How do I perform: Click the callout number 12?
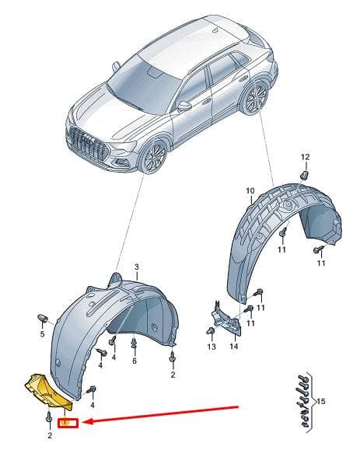pos(305,157)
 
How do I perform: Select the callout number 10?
pos(250,190)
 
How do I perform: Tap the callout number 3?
pos(137,267)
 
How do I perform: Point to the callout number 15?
pos(322,401)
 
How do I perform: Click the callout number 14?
pos(234,346)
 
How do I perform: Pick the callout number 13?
pos(211,347)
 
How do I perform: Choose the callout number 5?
pos(42,334)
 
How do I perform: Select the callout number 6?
pos(135,361)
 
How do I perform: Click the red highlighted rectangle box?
pos(68,423)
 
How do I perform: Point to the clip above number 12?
pos(305,175)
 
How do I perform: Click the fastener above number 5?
pos(42,319)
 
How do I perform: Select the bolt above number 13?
pos(211,331)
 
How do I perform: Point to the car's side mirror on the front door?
pos(184,106)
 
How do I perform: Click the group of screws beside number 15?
pos(304,401)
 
